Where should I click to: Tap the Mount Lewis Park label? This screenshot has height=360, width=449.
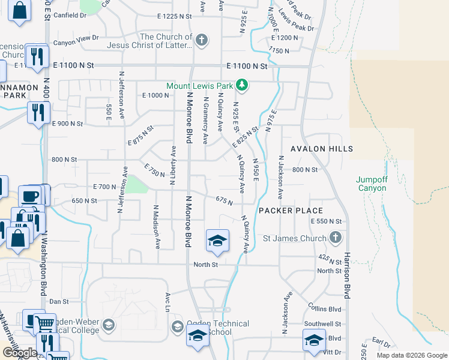tap(200, 86)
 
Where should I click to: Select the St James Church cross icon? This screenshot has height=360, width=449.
tap(336, 238)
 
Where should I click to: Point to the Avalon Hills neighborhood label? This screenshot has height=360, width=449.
tap(321, 148)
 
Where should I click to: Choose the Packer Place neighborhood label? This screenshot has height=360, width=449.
tap(291, 211)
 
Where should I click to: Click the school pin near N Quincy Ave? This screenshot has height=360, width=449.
tap(217, 241)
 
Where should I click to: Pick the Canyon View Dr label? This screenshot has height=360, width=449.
tap(76, 43)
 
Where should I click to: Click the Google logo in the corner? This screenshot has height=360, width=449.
tap(20, 353)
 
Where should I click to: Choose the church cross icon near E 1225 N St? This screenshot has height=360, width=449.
tap(202, 41)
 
